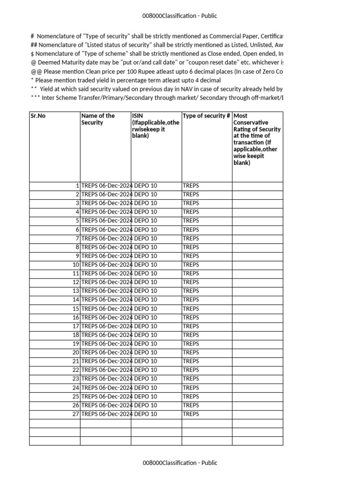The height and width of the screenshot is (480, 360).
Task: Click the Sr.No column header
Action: tap(38, 116)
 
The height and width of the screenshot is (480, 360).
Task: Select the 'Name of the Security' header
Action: tap(98, 119)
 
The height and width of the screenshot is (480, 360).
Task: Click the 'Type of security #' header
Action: tap(206, 116)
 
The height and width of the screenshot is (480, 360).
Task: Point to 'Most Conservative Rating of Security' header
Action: tap(257, 139)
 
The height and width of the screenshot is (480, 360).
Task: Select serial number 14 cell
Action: tap(75, 300)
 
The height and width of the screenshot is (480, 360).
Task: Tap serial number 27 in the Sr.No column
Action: tap(75, 414)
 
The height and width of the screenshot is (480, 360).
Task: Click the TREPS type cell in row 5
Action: tap(191, 221)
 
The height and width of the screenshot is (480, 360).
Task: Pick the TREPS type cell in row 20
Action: tap(191, 352)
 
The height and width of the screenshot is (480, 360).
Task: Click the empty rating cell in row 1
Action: tap(257, 186)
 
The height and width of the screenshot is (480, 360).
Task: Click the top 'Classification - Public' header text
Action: tap(180, 16)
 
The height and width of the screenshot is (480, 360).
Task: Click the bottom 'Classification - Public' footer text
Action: tap(180, 463)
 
